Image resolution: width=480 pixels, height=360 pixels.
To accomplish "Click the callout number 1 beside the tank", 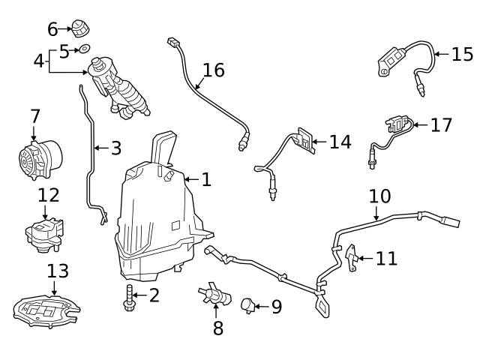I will coord(206,180).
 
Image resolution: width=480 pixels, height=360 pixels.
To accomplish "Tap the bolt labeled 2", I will coord(130,296).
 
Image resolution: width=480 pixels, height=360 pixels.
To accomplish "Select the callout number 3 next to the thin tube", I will coord(115,148).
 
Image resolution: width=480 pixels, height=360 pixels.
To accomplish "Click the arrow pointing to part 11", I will coord(363,259).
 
